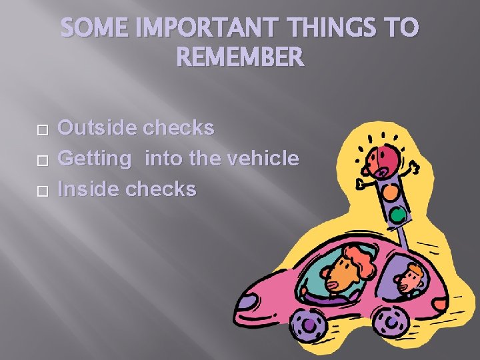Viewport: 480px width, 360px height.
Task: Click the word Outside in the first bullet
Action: pos(94,127)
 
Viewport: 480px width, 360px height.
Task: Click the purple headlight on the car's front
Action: pos(247,301)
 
